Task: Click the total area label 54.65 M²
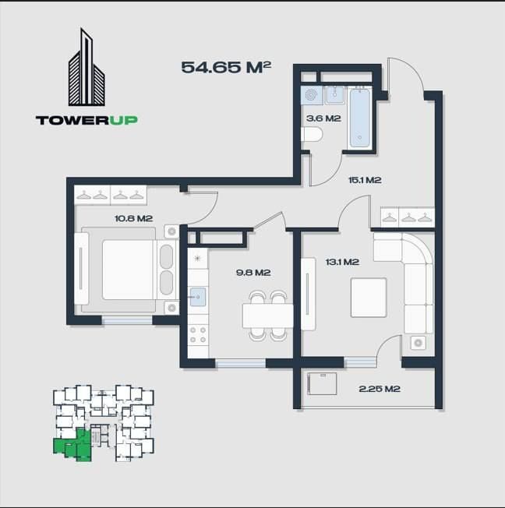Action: tap(226, 67)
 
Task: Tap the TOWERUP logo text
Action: tap(87, 120)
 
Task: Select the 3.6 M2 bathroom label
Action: tap(323, 118)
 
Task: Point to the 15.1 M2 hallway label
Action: tap(364, 180)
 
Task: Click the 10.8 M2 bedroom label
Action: tap(133, 218)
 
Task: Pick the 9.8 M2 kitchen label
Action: tap(253, 273)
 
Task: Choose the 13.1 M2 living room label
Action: tap(341, 262)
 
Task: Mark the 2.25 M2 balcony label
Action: tap(380, 388)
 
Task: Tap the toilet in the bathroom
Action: tap(311, 135)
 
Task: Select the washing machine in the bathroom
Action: tap(312, 95)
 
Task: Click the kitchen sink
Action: tap(198, 297)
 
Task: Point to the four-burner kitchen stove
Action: tap(198, 335)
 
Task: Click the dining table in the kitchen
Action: tap(267, 316)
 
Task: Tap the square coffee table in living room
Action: tap(369, 297)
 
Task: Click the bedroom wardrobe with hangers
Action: tap(111, 195)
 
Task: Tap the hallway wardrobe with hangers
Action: tap(406, 216)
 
